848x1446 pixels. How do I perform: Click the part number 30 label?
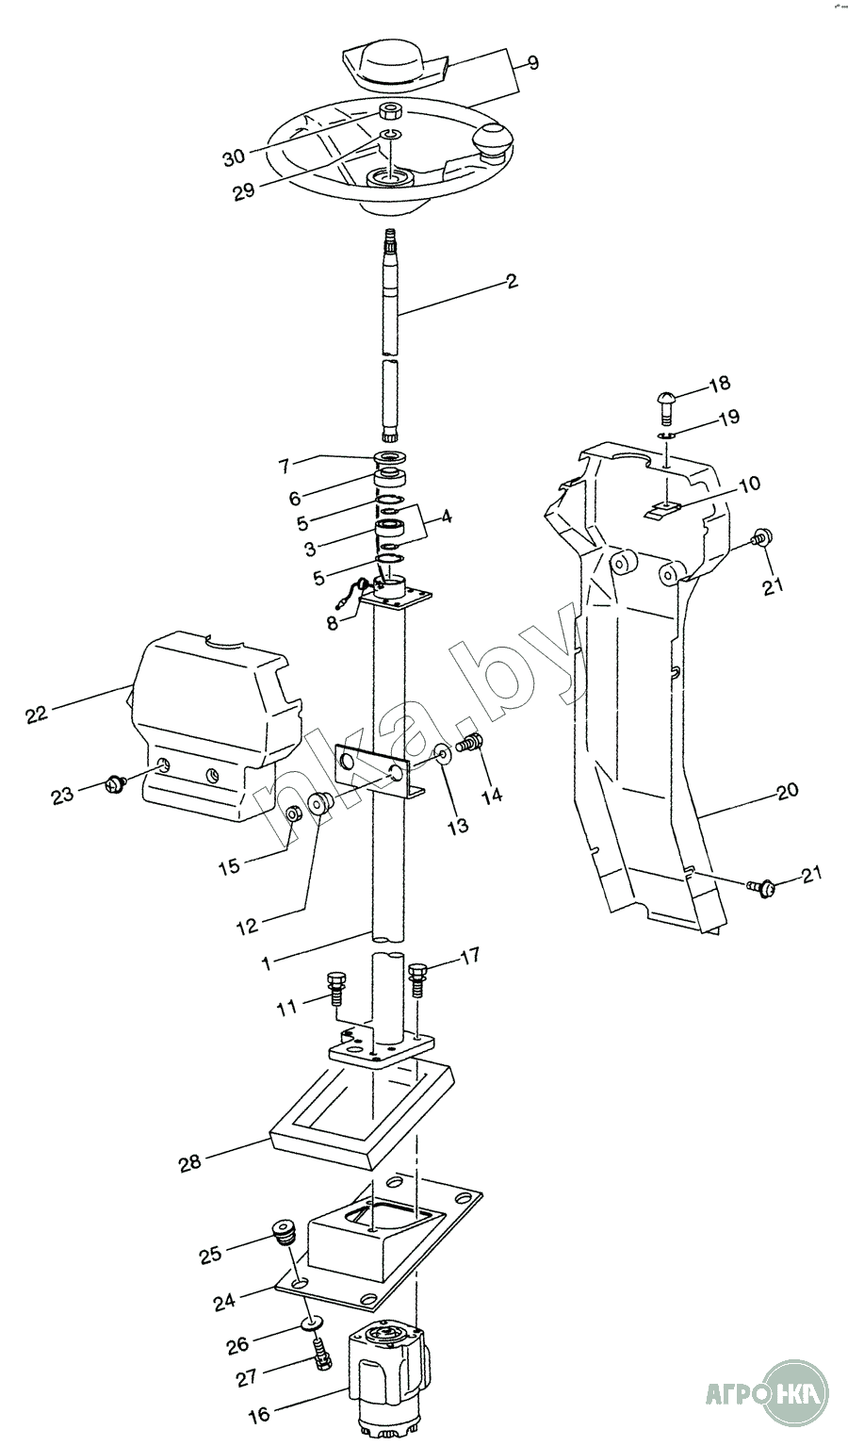234,157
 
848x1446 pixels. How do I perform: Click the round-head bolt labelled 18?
664,404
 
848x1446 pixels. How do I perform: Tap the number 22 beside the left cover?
36,714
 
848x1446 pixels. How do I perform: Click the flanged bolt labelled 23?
116,781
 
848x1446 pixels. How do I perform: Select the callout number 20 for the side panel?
788,790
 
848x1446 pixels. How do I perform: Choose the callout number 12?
246,927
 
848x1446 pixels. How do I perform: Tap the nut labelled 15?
294,813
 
